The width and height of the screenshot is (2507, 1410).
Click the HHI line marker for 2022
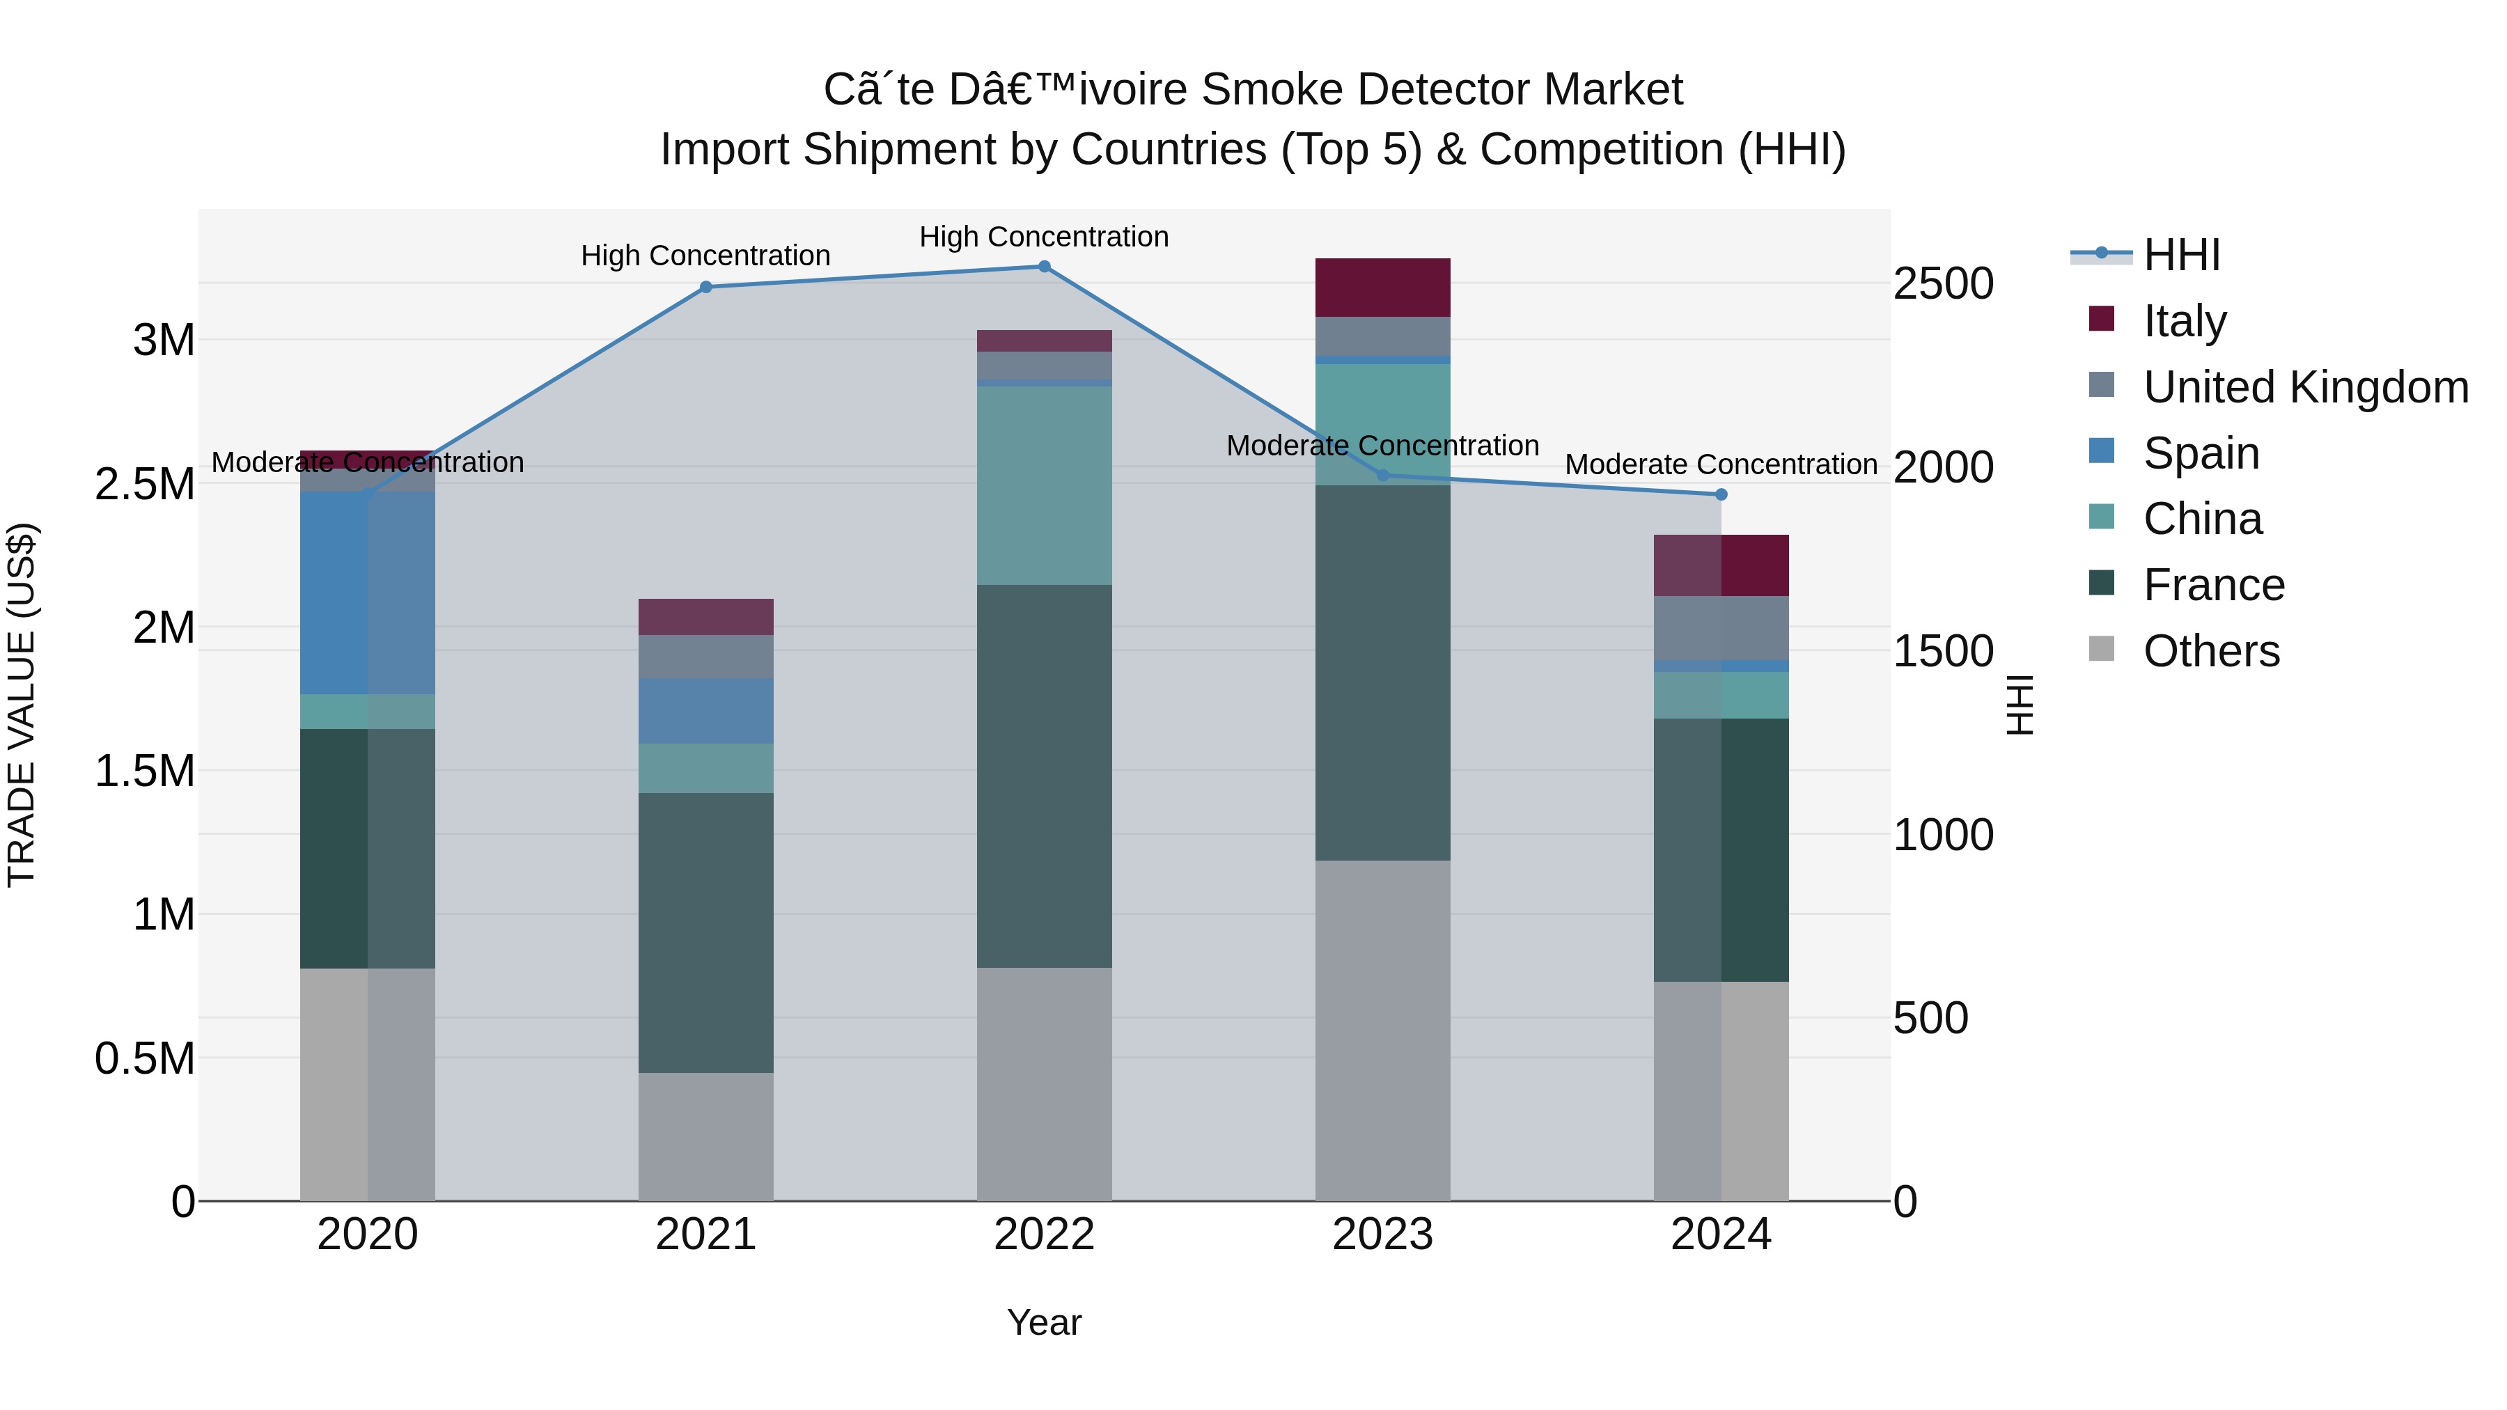click(1045, 266)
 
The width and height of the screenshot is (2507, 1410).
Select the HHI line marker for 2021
click(705, 287)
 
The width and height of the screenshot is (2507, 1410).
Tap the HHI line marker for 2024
click(1721, 494)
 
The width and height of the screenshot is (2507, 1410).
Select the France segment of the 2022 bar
click(1045, 776)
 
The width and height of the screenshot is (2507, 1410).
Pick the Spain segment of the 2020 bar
click(367, 593)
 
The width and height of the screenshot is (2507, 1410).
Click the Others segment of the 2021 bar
click(705, 1136)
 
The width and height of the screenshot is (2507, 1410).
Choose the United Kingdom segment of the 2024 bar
click(1721, 627)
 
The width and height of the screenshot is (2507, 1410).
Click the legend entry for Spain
click(2201, 453)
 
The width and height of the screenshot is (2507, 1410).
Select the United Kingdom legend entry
click(2304, 387)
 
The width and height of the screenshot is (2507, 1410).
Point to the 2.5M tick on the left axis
click(145, 485)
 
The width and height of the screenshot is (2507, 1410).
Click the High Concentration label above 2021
click(705, 256)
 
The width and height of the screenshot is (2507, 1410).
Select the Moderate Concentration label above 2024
click(1721, 465)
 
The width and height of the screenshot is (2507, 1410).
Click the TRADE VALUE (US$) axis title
click(22, 705)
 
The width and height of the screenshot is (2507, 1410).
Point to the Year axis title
click(1045, 1322)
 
